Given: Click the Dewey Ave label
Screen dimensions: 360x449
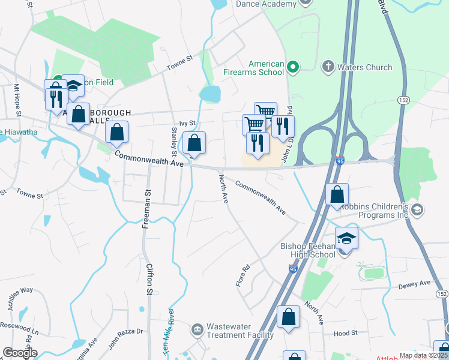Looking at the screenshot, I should [415, 284].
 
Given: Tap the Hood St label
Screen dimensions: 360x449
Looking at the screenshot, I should [345, 332].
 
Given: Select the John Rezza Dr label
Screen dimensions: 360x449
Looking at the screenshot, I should [126, 338].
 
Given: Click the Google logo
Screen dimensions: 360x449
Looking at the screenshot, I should [19, 353].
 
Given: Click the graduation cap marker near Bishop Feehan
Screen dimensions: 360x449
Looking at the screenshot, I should [346, 239].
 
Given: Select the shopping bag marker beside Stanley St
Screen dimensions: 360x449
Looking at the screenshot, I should [194, 144].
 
